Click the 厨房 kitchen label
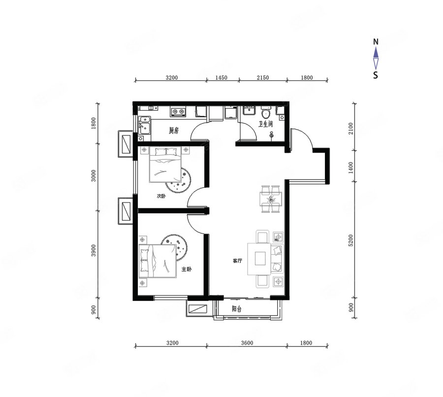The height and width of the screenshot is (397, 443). pos(174,131)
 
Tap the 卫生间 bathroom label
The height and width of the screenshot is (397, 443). pos(266,124)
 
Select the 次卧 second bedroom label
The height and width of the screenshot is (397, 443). pos(161,196)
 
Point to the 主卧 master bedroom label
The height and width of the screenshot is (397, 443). pos(187,269)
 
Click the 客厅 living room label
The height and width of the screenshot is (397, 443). pos(237,261)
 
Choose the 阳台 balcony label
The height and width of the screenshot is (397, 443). pos(236,309)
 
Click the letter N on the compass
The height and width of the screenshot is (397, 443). pos(376,42)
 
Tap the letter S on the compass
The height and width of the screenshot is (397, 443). pos(376,75)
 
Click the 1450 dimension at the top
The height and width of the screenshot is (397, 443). pos(221,77)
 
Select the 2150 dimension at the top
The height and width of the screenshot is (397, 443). pos(263,77)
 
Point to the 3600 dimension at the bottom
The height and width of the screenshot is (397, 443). pos(247,343)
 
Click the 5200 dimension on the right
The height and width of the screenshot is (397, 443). pos(350,240)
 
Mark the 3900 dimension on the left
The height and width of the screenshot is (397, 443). pos(94,251)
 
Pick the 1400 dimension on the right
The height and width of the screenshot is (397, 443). pos(350,167)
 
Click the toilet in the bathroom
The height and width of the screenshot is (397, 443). pos(266,113)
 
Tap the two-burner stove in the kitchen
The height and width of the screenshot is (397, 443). pos(178,112)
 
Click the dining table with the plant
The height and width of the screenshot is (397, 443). pos(271,199)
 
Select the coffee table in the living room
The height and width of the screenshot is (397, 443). pos(259,259)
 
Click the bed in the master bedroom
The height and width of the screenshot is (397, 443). pos(158,261)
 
